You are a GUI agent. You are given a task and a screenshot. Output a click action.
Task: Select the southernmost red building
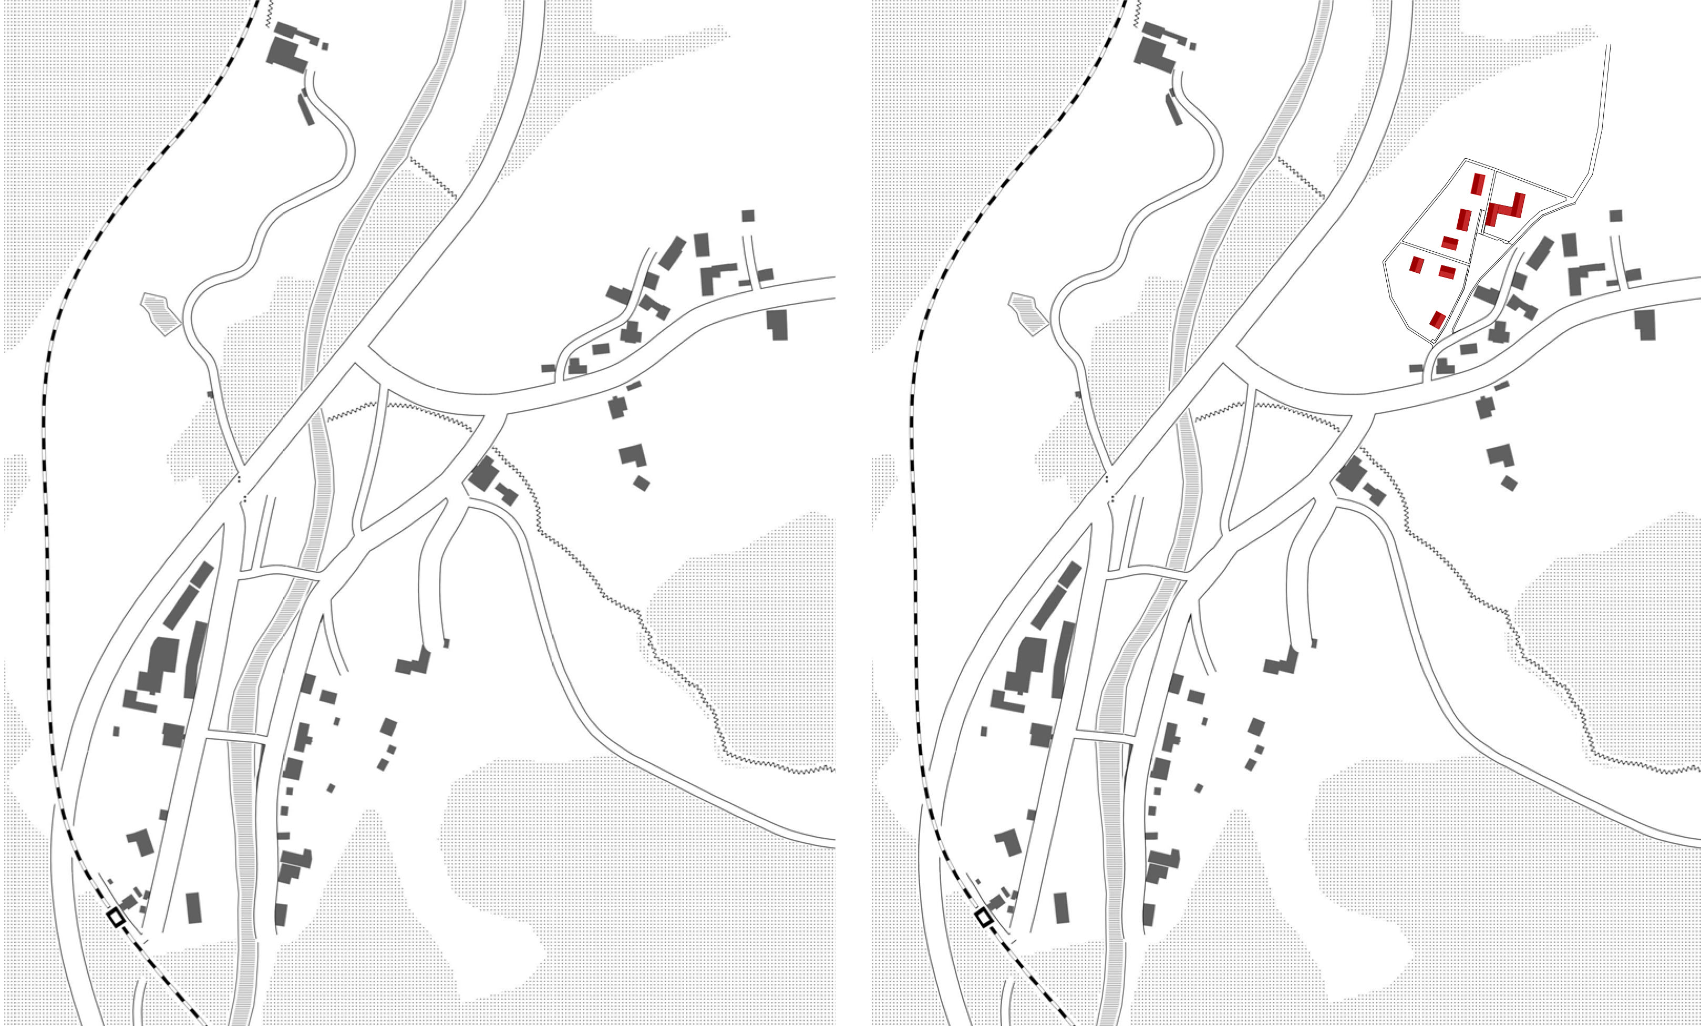[x=1437, y=319]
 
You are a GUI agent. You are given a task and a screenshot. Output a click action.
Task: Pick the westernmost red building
[x=1417, y=264]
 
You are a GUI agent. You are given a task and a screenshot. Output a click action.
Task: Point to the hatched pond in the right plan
[x=1028, y=314]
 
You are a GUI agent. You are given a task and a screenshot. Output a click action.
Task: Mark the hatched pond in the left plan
[x=161, y=314]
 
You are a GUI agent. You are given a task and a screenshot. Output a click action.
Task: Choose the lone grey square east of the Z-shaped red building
[x=1615, y=216]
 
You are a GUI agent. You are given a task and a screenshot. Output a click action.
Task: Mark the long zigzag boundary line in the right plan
[x=1519, y=621]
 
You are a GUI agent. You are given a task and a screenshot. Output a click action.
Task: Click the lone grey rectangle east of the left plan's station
[x=194, y=907]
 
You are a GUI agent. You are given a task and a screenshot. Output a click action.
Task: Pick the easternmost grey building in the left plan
[x=777, y=324]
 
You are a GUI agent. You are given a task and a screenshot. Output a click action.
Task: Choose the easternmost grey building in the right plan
[x=1646, y=324]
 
